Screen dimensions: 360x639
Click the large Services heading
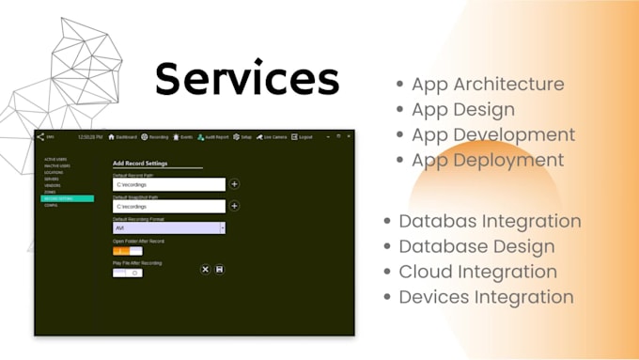click(x=246, y=78)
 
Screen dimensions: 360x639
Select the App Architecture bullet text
click(x=488, y=84)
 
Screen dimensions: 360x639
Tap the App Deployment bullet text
click(x=488, y=160)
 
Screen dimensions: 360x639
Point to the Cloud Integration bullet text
click(x=477, y=272)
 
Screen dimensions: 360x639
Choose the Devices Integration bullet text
click(x=486, y=297)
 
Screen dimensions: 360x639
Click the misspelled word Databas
click(x=437, y=222)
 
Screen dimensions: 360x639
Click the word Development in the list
click(x=520, y=134)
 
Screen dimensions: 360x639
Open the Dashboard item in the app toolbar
click(x=123, y=137)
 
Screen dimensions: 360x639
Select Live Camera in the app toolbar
click(x=272, y=137)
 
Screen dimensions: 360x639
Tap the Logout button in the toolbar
click(x=303, y=137)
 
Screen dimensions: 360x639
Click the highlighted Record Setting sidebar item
click(x=67, y=198)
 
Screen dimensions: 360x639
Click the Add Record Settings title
click(x=140, y=164)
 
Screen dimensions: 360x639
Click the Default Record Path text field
click(x=168, y=184)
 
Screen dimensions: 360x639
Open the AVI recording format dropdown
click(x=168, y=227)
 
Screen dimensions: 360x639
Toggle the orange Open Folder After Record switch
click(x=128, y=251)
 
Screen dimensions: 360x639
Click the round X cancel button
click(x=205, y=270)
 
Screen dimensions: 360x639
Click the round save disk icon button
click(x=219, y=270)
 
